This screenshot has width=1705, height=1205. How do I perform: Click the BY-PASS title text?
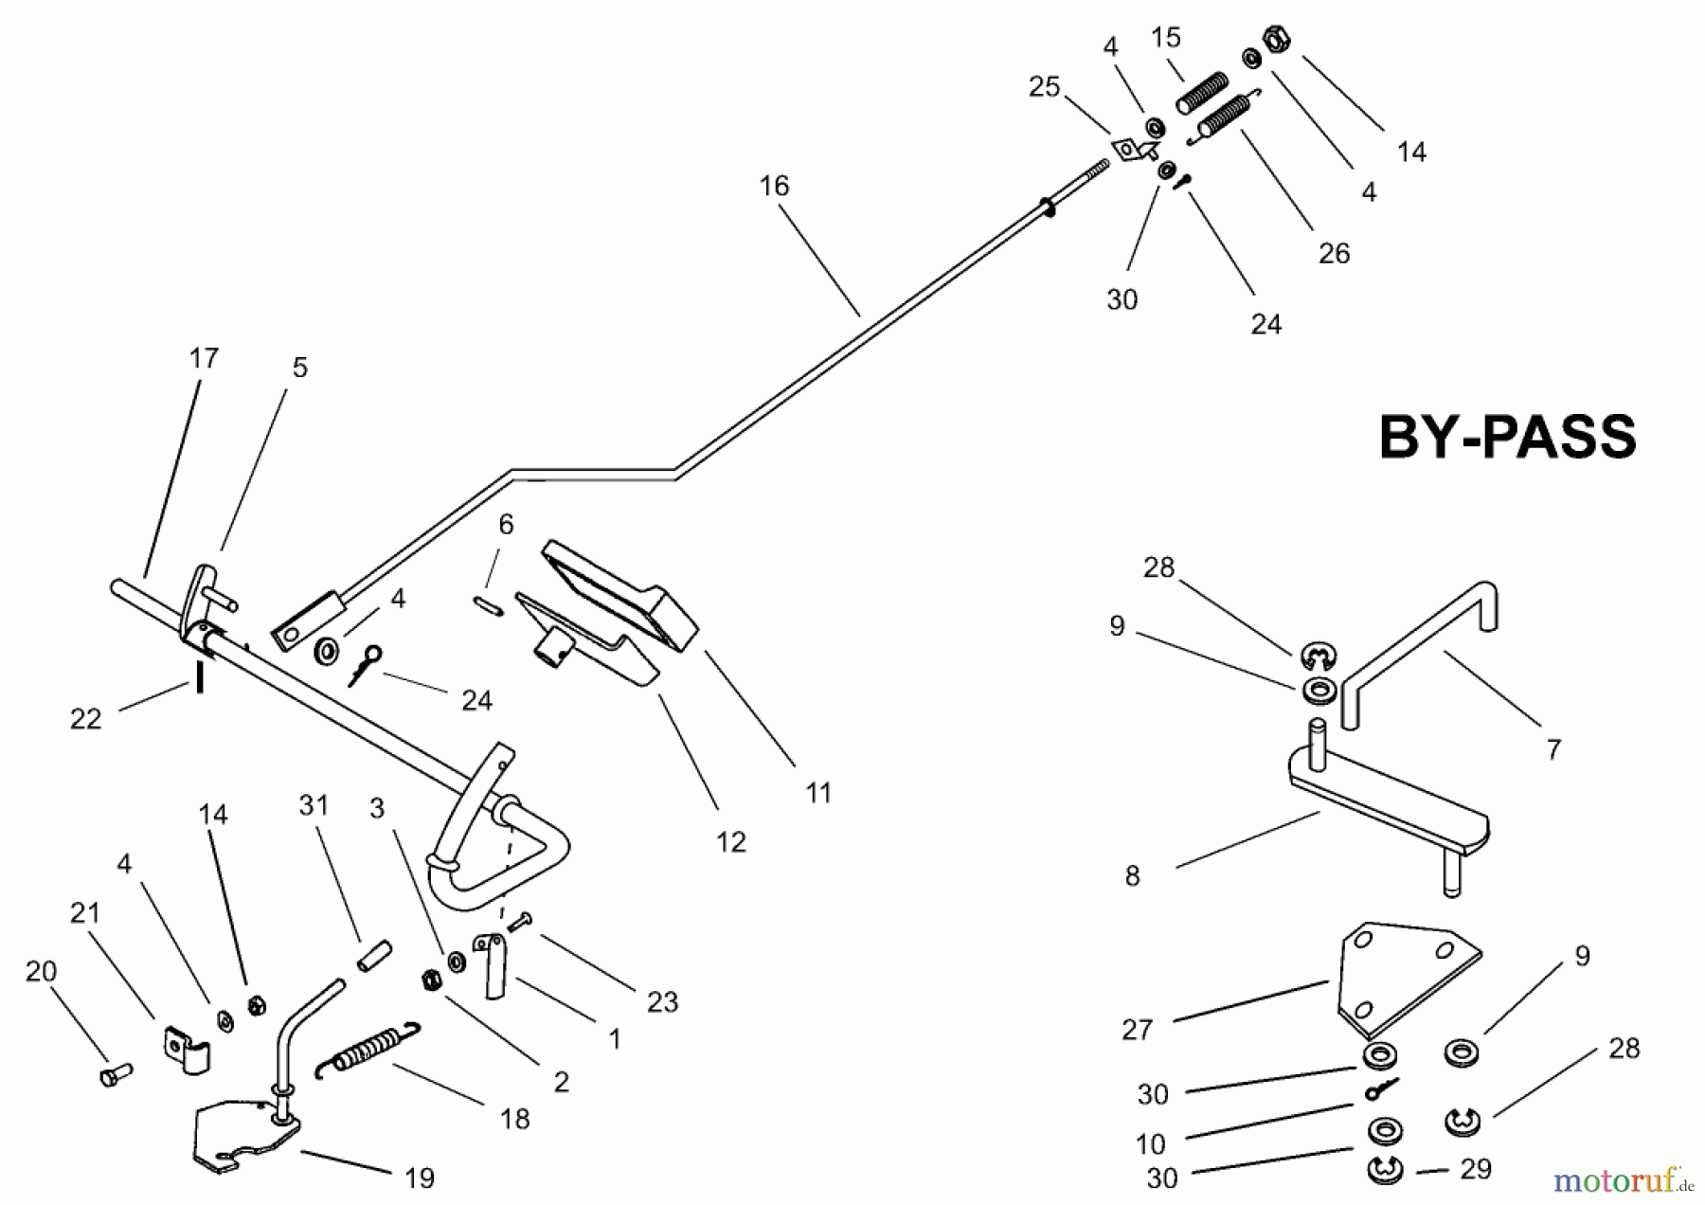click(x=1507, y=438)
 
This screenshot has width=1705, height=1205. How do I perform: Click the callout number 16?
click(x=774, y=187)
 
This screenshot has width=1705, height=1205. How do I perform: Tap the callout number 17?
click(x=204, y=359)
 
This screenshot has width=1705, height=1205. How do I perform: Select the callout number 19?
click(x=420, y=1178)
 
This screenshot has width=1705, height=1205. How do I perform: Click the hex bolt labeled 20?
click(x=115, y=1074)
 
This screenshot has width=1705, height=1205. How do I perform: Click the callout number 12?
click(x=730, y=842)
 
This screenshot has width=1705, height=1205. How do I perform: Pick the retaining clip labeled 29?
click(x=1385, y=1171)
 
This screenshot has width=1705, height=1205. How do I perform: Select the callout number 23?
click(x=662, y=1002)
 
